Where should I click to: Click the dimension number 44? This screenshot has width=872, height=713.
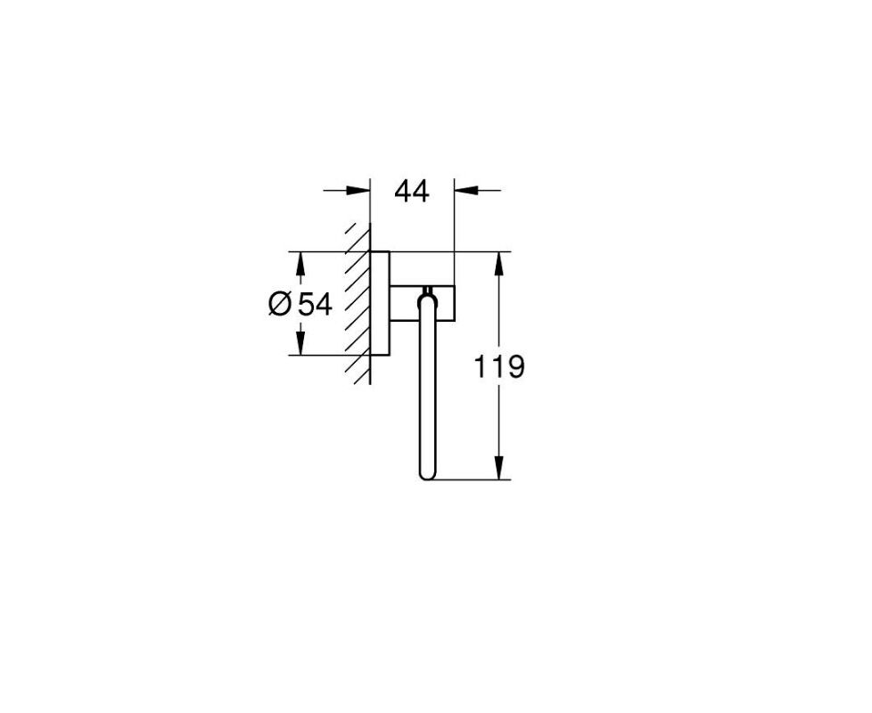point(412,191)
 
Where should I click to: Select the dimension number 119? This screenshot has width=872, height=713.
point(498,367)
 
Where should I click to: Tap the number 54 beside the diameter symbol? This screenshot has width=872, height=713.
point(315,304)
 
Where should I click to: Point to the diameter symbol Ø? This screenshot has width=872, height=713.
point(280,304)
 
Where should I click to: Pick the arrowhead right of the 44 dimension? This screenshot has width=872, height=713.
point(466,190)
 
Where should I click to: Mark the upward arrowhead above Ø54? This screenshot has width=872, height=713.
point(300,264)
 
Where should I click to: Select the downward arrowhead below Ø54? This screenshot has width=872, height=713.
point(300,342)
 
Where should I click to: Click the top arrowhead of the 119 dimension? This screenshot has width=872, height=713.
point(498,264)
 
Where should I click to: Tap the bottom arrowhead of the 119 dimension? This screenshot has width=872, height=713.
point(498,467)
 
